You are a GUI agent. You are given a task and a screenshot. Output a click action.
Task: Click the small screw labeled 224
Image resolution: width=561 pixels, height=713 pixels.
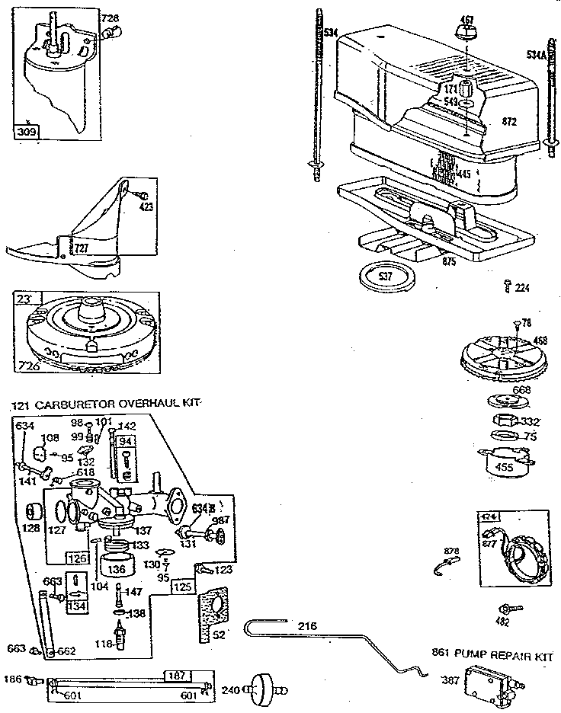[x=508, y=286]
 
